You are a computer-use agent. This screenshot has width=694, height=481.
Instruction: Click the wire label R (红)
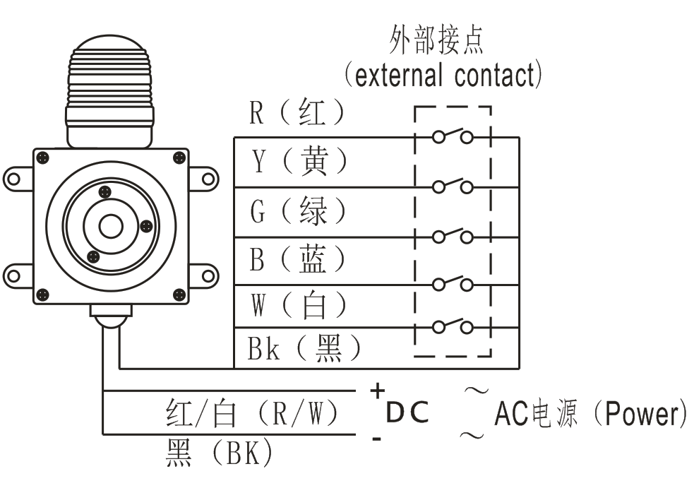[297, 114]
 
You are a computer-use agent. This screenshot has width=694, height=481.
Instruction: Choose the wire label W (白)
[299, 305]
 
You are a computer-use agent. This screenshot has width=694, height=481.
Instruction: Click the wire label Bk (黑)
[304, 349]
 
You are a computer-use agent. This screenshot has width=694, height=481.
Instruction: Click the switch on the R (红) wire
[452, 136]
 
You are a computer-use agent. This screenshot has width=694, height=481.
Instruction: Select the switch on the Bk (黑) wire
[452, 326]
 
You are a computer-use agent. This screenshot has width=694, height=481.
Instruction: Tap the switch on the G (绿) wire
[452, 235]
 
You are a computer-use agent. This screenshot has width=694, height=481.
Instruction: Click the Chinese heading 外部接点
[437, 42]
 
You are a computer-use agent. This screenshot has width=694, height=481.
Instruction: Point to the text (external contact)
[443, 74]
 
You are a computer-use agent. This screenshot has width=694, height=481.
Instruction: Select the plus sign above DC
[378, 390]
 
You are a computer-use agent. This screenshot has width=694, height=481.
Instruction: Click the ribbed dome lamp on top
[109, 78]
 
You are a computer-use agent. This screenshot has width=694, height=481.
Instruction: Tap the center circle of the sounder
[110, 227]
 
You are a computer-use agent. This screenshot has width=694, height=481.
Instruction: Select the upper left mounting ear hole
[13, 177]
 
